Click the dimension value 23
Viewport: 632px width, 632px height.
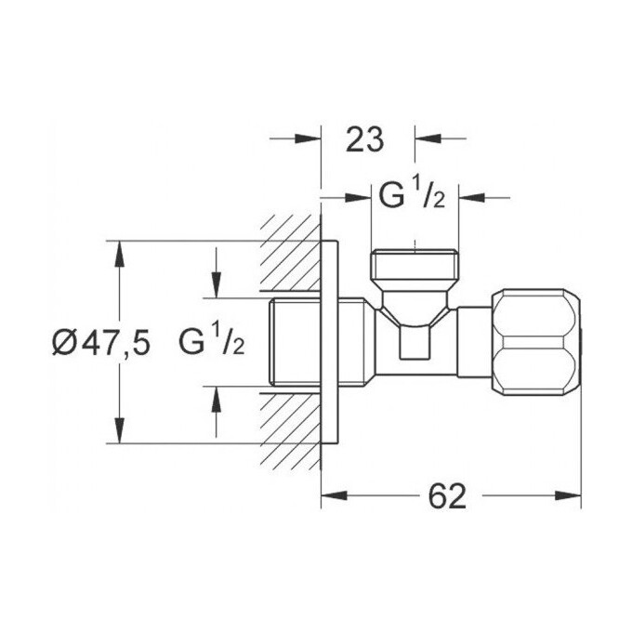pyautogui.click(x=365, y=139)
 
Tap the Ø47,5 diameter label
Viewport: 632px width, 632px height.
pyautogui.click(x=100, y=343)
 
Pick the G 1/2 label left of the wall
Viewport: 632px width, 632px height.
pyautogui.click(x=212, y=343)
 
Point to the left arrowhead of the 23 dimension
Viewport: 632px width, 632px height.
pyautogui.click(x=310, y=139)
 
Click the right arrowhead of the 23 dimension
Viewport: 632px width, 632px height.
pyautogui.click(x=425, y=139)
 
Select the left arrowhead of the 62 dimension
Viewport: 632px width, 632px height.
pyautogui.click(x=332, y=496)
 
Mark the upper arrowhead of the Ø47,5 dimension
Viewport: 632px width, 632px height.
pyautogui.click(x=118, y=252)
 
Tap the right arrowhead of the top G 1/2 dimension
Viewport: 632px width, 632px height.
pyautogui.click(x=471, y=197)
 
